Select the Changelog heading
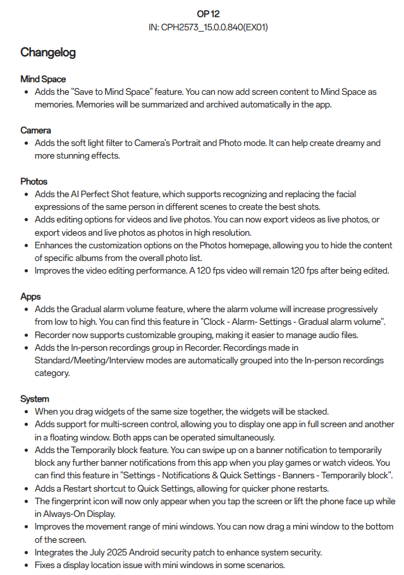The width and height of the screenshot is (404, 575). coord(48,52)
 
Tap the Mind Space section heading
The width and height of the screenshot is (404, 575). coord(43,80)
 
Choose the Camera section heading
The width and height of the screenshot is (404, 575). coord(35,130)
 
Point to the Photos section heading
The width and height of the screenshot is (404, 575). coord(34,181)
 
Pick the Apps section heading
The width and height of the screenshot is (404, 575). coord(30,296)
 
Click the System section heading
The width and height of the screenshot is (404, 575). coord(35,399)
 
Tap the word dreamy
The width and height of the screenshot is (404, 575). coord(352,143)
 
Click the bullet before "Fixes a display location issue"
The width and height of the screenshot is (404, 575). coord(25,565)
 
